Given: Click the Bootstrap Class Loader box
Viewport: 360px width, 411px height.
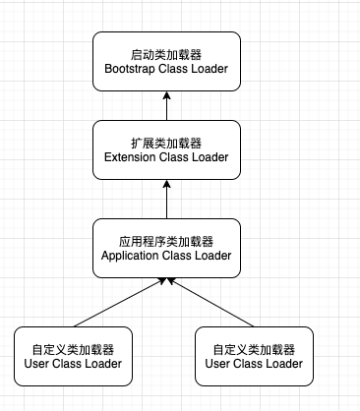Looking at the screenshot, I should click(166, 60).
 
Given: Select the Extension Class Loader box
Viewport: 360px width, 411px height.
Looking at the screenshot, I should click(166, 149).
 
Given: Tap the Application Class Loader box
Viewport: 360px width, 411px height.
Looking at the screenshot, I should click(166, 248).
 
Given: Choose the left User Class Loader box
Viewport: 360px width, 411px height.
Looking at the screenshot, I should click(73, 356).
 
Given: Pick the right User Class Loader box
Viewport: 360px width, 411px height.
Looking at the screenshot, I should click(254, 356).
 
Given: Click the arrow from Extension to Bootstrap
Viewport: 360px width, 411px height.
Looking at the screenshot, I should click(166, 105).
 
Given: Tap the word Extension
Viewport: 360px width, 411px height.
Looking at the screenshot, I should click(133, 157).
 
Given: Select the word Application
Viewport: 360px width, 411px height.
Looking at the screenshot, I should click(136, 256).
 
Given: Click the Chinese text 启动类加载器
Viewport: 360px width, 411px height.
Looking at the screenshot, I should click(166, 52).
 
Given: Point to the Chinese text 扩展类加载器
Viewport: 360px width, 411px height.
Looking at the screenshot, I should click(166, 142).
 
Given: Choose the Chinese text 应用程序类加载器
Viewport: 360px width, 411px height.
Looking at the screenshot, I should click(166, 240).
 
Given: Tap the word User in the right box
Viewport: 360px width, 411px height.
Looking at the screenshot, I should click(219, 364).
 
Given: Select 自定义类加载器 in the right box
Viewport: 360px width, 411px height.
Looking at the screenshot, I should click(254, 348).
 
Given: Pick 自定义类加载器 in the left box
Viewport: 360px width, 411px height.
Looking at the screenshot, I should click(73, 348).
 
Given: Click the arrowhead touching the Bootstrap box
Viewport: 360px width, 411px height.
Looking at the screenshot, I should click(166, 94).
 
